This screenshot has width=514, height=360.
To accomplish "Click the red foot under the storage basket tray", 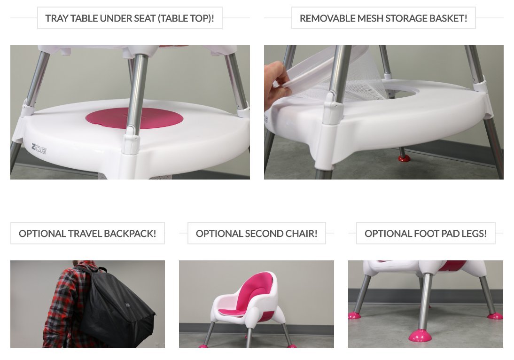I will [403, 157].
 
